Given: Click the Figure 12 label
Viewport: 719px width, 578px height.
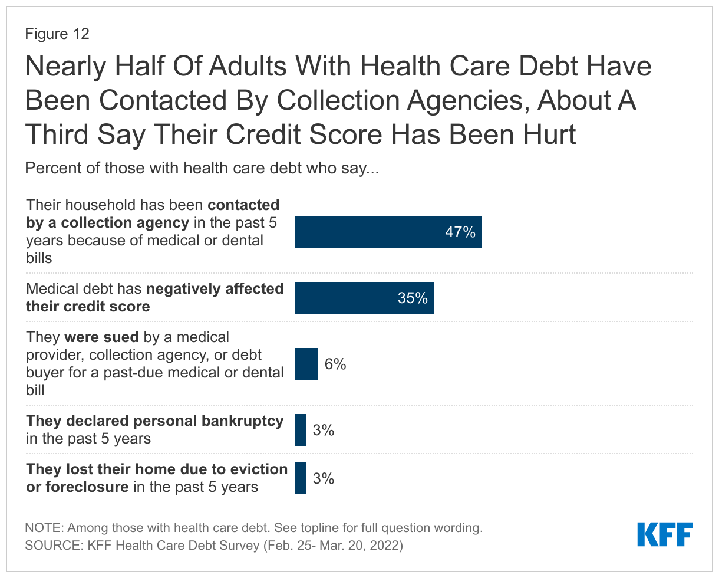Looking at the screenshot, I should tap(57, 34).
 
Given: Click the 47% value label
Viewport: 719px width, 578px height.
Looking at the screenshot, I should tap(460, 232).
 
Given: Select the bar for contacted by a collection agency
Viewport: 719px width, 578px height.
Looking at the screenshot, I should tap(388, 232).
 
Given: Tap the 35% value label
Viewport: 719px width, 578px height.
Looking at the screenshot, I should tap(412, 298).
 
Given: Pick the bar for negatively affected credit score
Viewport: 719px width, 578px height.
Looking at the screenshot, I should tap(364, 298).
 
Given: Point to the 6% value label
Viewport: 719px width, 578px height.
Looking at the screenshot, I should tap(335, 364).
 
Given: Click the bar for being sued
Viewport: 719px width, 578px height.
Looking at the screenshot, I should tap(306, 364).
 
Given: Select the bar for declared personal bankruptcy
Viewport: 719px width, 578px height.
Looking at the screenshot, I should tap(301, 430).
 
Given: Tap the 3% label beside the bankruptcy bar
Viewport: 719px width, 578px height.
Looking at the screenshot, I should tap(324, 431).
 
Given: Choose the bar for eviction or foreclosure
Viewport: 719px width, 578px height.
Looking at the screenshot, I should tap(301, 478).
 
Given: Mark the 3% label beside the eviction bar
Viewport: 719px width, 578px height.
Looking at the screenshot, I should tap(324, 478).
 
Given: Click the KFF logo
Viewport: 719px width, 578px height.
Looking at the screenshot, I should tap(665, 534).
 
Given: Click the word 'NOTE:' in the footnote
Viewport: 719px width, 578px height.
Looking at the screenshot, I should tap(43, 528).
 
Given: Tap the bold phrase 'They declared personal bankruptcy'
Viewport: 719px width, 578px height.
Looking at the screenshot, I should tap(155, 422).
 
